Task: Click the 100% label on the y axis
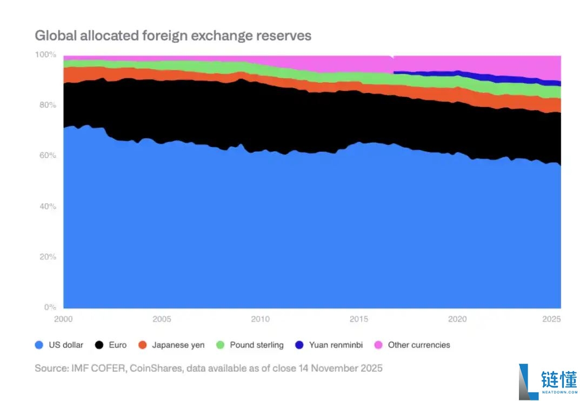(45, 55)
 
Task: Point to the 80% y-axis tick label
(47, 105)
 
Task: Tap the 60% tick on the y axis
(47, 156)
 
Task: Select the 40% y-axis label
(47, 206)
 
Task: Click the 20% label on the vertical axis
(47, 257)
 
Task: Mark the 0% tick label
(50, 307)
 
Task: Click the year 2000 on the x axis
(63, 319)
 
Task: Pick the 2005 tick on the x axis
(162, 319)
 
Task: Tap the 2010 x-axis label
(261, 319)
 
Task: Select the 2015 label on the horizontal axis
(359, 319)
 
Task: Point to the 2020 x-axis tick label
(458, 319)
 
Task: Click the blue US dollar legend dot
(38, 345)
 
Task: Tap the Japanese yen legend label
(178, 345)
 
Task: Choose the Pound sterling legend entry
(256, 345)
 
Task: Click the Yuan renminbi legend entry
(336, 345)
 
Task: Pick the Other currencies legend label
(418, 345)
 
